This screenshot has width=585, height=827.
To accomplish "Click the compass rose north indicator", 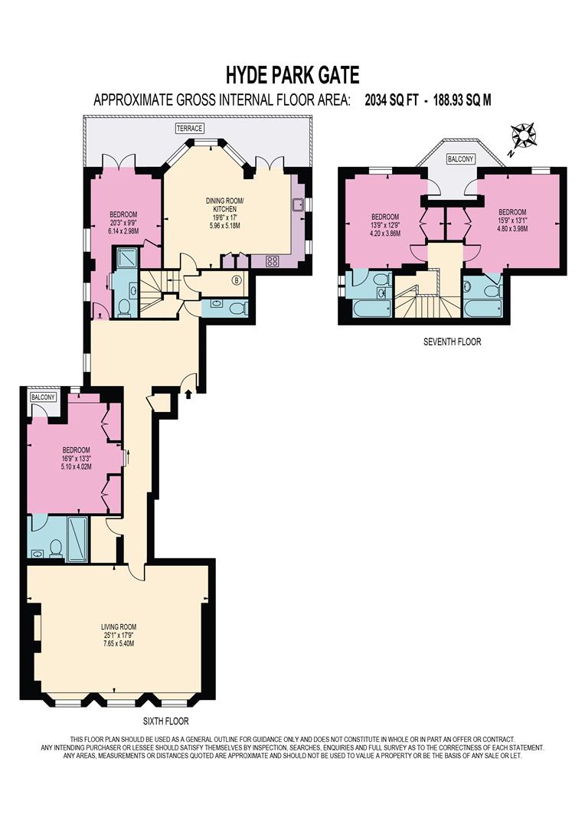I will click(x=525, y=136).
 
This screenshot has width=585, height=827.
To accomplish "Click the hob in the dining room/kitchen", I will click(x=272, y=261).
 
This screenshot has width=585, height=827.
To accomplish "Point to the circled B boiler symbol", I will click(x=237, y=280).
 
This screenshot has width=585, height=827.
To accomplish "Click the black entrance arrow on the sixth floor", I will click(x=189, y=394).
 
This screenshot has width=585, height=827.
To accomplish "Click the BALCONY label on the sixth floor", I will click(x=38, y=397).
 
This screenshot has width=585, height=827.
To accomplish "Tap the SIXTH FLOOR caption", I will click(x=166, y=721).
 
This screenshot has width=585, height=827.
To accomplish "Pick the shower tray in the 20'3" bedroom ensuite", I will click(x=123, y=257).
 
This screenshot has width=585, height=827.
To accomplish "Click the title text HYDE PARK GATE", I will click(x=292, y=74).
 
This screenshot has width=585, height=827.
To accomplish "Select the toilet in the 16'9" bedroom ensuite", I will click(x=54, y=548).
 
